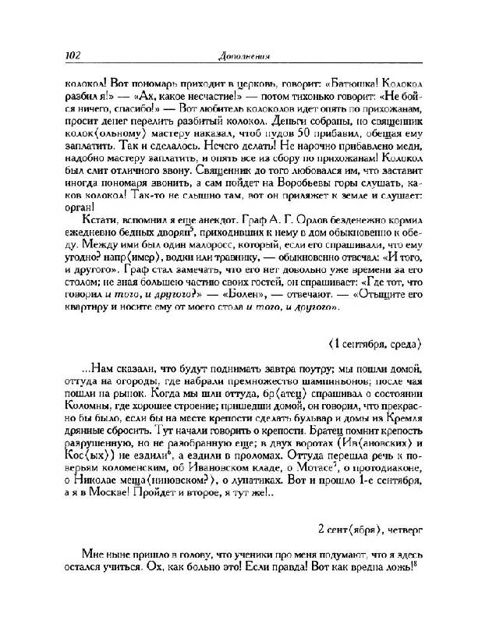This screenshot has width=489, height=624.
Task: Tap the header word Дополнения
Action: (x=244, y=55)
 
